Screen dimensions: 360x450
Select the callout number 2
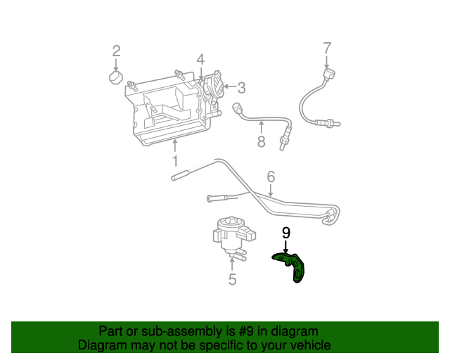pyautogui.click(x=117, y=51)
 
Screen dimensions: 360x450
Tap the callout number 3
pyautogui.click(x=241, y=88)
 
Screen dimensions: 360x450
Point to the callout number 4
pyautogui.click(x=200, y=60)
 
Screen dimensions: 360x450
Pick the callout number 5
pyautogui.click(x=232, y=280)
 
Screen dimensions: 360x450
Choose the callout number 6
pyautogui.click(x=271, y=176)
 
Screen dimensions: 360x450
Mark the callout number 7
pyautogui.click(x=326, y=49)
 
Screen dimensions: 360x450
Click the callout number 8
pyautogui.click(x=261, y=141)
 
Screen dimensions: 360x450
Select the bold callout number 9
pyautogui.click(x=286, y=233)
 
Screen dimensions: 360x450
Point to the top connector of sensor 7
pyautogui.click(x=328, y=72)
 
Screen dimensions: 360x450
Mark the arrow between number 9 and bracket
pyautogui.click(x=286, y=247)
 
